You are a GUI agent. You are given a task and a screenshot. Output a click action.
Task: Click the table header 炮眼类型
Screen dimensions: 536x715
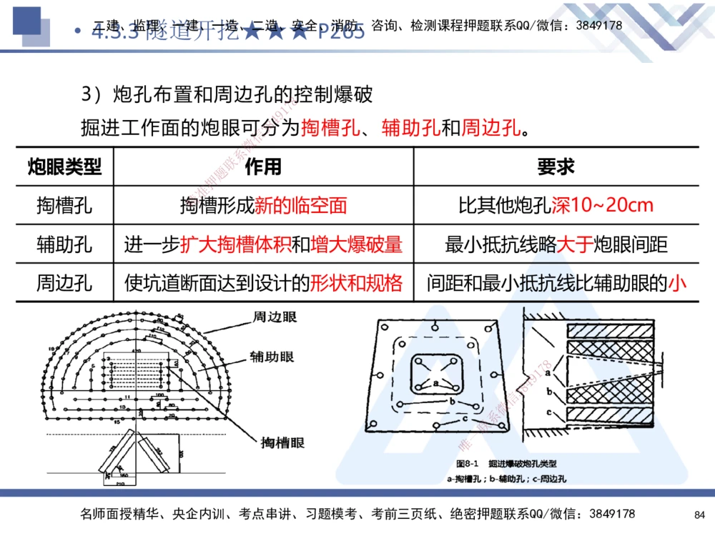pos(65,167)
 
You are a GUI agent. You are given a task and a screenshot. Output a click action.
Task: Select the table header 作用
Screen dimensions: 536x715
pos(263,167)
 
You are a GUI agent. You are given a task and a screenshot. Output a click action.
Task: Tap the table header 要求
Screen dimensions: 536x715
pos(556,167)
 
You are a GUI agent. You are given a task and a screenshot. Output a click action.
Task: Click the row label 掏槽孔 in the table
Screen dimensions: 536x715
pos(65,207)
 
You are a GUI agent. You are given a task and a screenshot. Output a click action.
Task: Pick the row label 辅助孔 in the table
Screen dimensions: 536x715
pos(65,245)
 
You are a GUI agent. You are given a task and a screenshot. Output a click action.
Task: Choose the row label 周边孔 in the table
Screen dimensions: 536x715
pos(65,284)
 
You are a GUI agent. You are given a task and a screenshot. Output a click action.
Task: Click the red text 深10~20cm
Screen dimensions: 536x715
pos(603,207)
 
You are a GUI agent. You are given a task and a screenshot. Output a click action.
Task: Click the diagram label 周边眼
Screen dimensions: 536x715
pos(275,317)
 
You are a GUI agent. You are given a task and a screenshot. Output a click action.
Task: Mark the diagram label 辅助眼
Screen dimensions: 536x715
pos(272,357)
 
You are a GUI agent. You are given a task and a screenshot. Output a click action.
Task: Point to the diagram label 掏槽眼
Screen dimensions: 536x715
pos(282,443)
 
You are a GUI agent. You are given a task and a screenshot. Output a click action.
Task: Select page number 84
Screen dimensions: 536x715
pos(699,515)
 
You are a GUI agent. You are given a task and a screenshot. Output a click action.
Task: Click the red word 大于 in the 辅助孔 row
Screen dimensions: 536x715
pos(575,245)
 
